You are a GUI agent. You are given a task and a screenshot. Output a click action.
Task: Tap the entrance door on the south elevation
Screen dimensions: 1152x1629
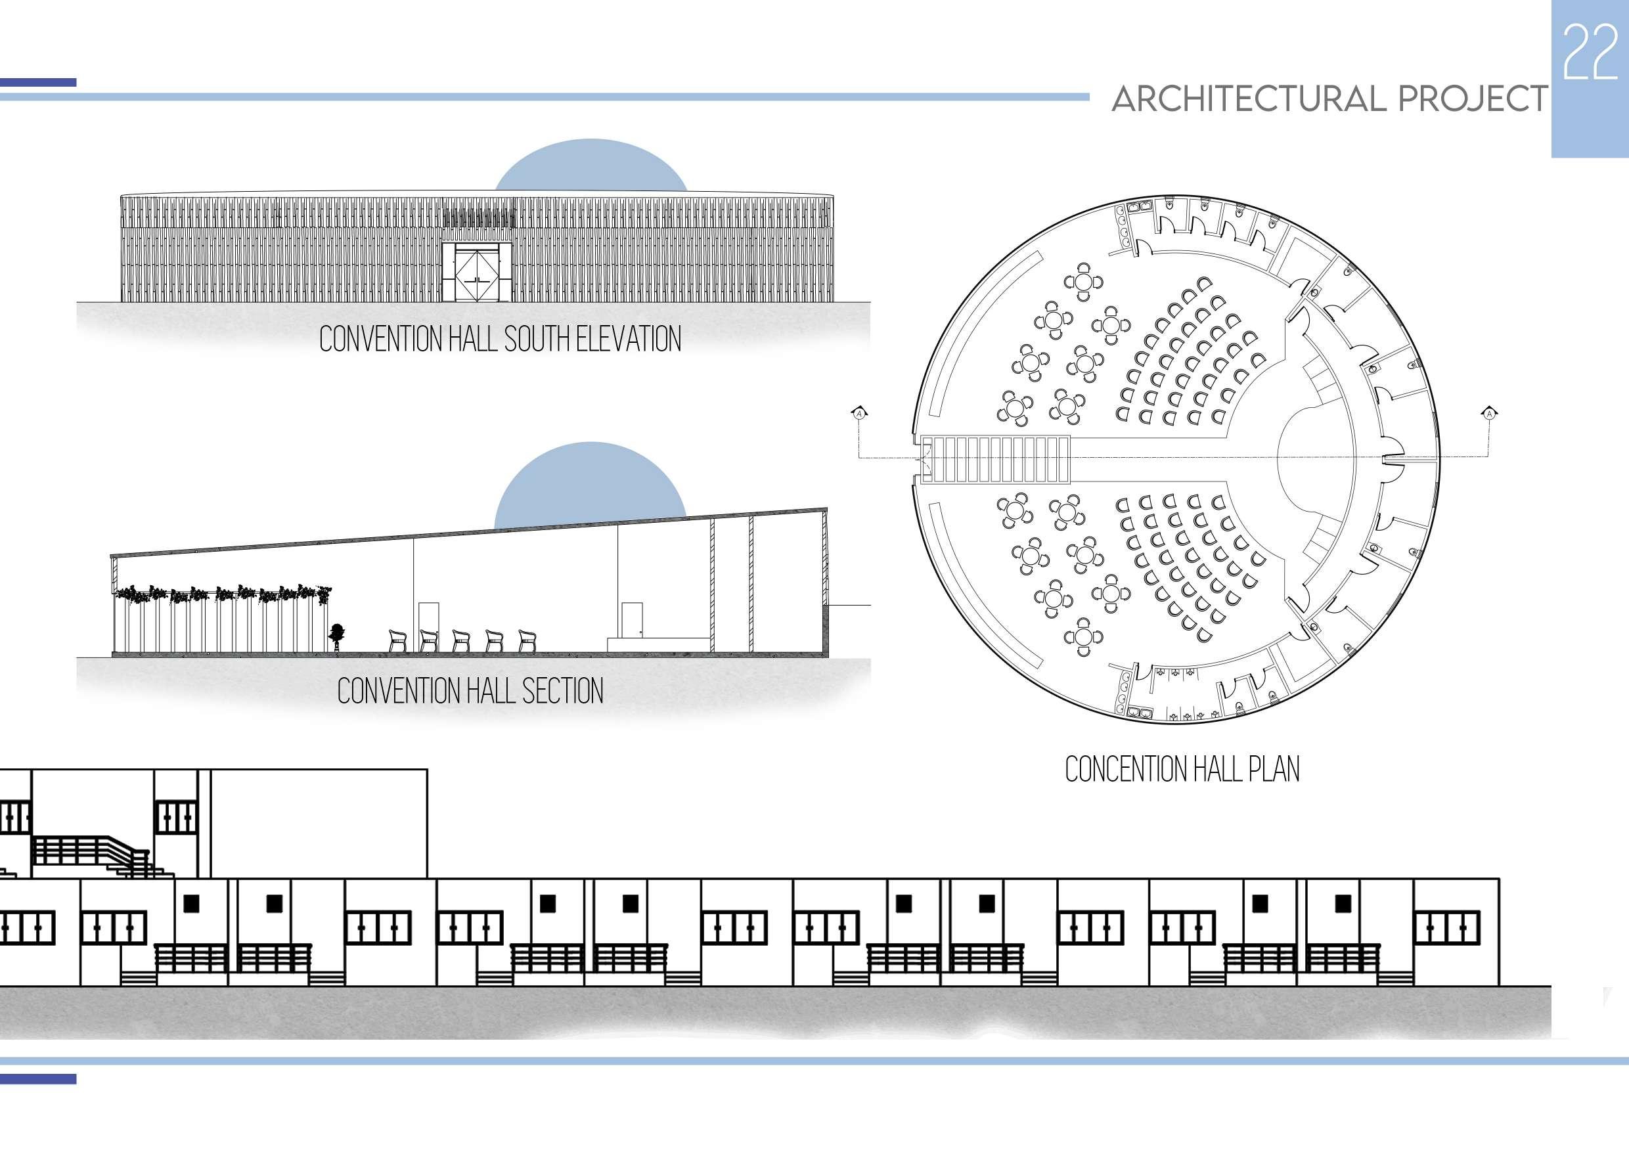pos(476,273)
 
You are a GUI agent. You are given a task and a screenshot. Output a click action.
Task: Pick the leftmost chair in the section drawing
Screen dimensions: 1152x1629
pos(398,640)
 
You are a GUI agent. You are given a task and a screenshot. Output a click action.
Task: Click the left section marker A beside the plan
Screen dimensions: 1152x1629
pos(859,413)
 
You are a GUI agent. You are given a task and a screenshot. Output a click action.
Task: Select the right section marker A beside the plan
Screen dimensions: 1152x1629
pos(1489,413)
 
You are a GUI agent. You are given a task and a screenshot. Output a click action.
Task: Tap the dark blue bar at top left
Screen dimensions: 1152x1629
pos(38,83)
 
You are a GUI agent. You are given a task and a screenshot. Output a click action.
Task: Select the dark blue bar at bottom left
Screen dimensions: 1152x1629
pos(38,1079)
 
